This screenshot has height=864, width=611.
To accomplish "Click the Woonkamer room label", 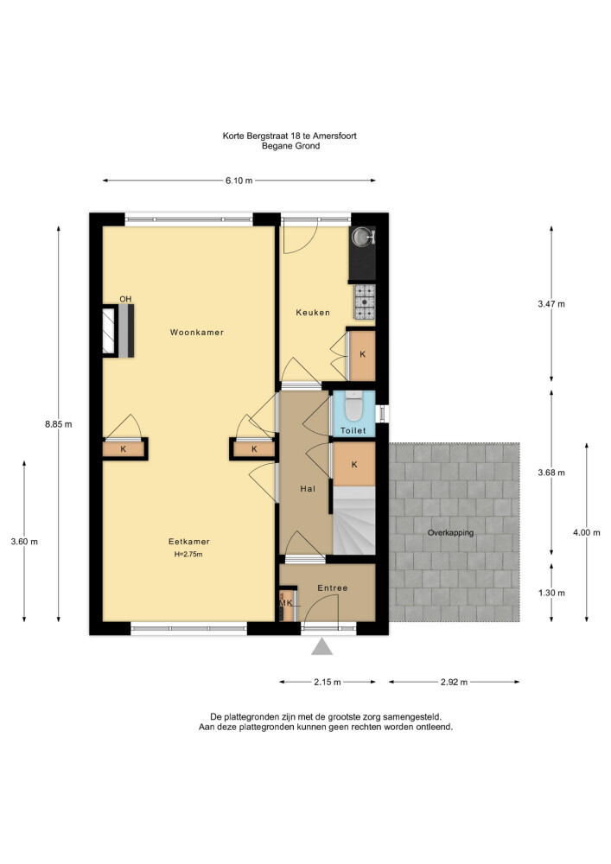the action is coord(197,333).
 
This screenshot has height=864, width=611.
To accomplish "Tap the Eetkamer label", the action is coord(189,542).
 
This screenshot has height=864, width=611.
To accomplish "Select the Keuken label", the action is coord(313,313).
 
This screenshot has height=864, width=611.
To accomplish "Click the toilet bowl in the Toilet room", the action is coord(353,409).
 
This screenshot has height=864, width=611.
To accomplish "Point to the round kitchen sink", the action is coord(361,237).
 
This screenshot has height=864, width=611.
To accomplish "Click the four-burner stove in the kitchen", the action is coord(364,302).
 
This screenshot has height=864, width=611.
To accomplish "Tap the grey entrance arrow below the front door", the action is coord(321,646).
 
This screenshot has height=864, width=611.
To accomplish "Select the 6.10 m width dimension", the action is coord(239,181).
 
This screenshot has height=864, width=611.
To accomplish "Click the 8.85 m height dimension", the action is coord(59,424).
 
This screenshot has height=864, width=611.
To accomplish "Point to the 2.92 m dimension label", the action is coord(454,683).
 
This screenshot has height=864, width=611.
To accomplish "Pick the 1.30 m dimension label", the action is coord(551,593).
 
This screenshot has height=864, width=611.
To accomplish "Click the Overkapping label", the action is coord(450,533).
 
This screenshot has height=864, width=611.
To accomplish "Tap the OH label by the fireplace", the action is coord(125,299).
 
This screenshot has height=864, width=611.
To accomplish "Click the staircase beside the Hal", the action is coord(354,521).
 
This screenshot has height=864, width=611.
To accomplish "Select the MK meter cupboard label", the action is coord(286,603).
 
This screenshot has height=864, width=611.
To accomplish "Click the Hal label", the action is coord(308,489).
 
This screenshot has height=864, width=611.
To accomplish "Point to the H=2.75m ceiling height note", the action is coord(188,555).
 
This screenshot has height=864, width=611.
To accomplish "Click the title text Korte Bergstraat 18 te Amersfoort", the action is coord(290,136).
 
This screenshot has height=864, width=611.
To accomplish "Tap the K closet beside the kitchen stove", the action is coord(362,355).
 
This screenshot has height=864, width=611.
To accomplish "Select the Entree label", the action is coord(333,588).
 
